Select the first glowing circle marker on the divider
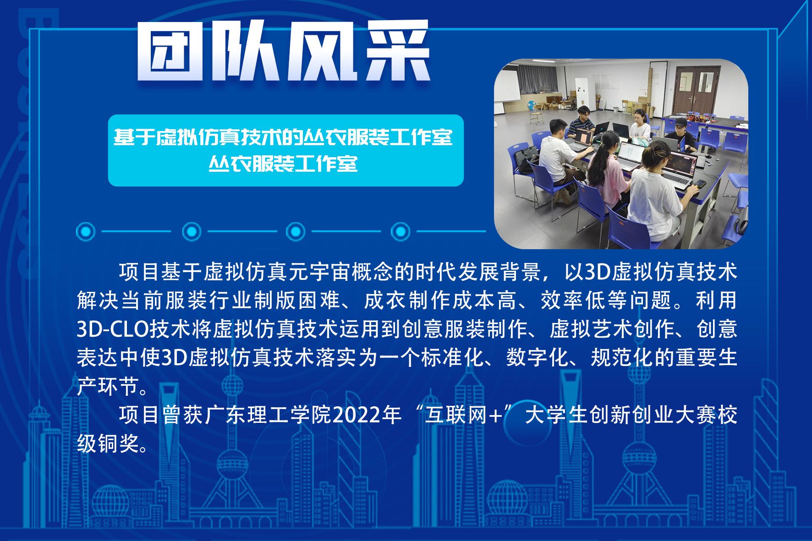[86, 231]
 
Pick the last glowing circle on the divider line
[401, 231]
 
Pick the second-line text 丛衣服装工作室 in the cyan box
[283, 164]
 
